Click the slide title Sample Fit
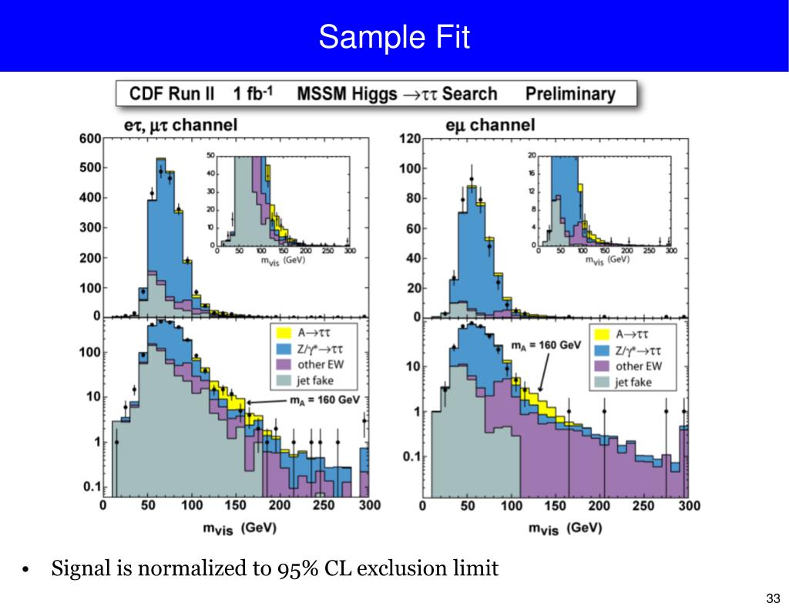point(394,36)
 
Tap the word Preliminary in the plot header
point(570,94)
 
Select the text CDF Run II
point(172,94)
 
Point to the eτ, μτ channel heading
point(180,125)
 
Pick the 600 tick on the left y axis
point(89,139)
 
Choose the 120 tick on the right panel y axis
point(410,139)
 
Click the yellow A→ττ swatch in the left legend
point(283,334)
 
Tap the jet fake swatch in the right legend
point(602,382)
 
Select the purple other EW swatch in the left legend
point(283,366)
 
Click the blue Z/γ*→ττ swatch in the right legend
point(602,350)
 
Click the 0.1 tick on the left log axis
point(91,486)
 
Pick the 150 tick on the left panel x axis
point(236,506)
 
